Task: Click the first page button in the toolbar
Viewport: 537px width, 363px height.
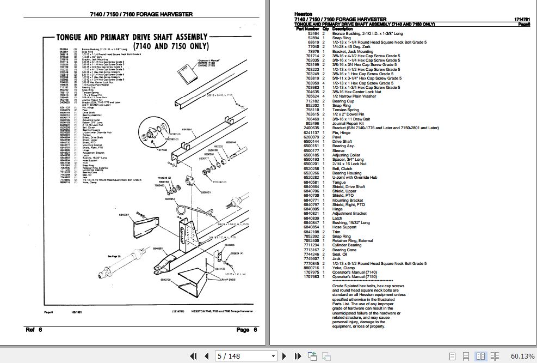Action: (193, 356)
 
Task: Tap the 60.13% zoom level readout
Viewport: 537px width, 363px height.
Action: (523, 356)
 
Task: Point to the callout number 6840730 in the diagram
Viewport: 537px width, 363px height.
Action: (165, 279)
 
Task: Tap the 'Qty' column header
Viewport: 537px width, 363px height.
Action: (325, 29)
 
